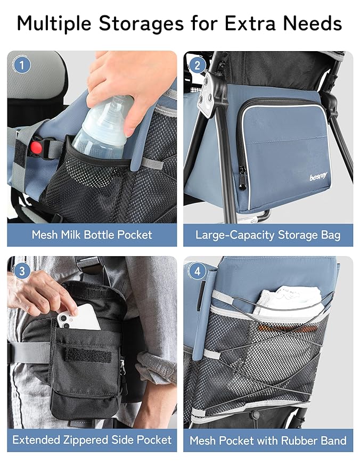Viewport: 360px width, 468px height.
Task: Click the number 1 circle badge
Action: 21,65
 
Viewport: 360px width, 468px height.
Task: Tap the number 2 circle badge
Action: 198,65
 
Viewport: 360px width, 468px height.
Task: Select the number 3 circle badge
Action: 21,271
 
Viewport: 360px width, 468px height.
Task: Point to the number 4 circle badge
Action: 198,271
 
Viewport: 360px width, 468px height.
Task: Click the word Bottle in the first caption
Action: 109,234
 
